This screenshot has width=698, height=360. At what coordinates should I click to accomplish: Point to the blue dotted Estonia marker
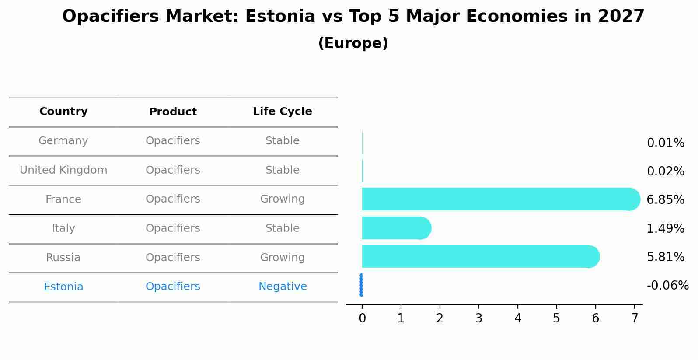[361, 285]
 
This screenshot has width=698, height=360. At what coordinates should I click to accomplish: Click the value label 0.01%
[665, 143]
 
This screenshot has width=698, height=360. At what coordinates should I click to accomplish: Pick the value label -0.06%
[667, 286]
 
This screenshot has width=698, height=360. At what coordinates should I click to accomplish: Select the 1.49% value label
[665, 228]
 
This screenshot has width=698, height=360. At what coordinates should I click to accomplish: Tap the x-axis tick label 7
[634, 318]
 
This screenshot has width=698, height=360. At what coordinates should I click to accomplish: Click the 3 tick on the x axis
[478, 318]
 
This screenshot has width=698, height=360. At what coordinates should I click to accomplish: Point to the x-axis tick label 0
[362, 318]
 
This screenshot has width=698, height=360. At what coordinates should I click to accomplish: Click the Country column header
[63, 112]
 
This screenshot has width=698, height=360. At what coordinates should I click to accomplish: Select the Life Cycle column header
[282, 112]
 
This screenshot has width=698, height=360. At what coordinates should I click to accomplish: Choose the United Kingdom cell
[63, 170]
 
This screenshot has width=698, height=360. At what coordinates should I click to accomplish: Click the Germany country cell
[63, 141]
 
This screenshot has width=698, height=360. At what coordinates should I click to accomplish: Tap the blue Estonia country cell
[63, 287]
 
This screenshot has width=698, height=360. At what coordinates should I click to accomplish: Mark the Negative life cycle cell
[283, 287]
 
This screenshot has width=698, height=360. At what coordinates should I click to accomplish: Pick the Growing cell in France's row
[283, 199]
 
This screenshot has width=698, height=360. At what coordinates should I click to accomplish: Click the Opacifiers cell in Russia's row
[173, 258]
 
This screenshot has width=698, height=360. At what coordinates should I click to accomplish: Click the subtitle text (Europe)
[353, 43]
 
